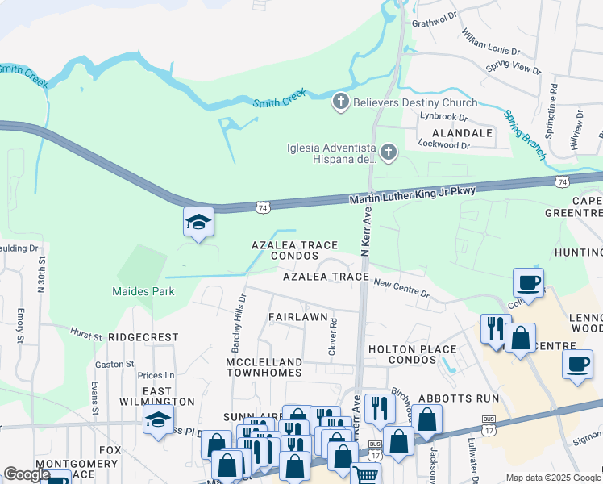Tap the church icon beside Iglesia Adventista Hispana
click(389, 152)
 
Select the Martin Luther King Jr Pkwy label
click(412, 195)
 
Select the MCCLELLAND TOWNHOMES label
click(264, 367)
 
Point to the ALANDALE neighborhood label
click(462, 132)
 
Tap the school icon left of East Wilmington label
click(158, 420)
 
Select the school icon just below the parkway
click(198, 223)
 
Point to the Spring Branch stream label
click(525, 133)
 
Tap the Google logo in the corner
click(27, 474)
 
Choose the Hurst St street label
click(85, 332)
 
